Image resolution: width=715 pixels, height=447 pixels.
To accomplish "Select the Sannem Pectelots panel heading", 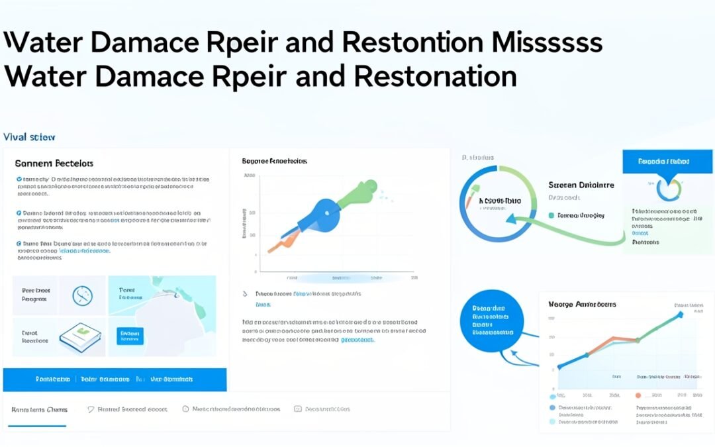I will pos(54,163).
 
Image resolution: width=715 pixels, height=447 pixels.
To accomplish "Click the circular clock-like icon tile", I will pos(83,295).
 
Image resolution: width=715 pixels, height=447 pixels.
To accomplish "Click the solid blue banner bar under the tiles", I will pos(115,379).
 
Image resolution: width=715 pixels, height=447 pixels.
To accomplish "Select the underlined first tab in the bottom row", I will pos(39,409).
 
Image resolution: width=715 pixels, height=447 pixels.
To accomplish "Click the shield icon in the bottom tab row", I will pos(91,409).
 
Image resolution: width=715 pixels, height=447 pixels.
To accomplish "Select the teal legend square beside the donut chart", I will pos(551,215).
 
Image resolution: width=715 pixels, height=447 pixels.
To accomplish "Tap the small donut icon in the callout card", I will pos(667,189).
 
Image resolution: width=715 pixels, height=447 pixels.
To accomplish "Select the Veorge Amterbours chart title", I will pos(582,304).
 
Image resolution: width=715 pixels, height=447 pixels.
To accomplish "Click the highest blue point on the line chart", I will pos(680,315).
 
